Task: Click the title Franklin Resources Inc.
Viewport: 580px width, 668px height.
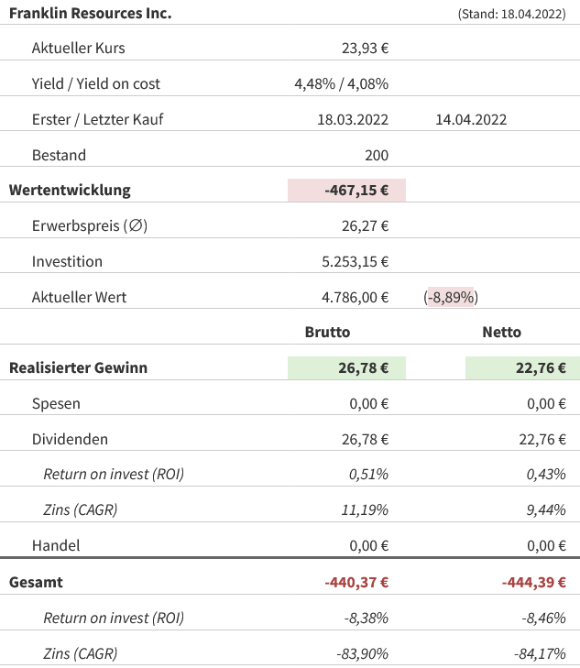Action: [90, 14]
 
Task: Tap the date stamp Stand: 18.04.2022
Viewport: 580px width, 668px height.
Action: [510, 15]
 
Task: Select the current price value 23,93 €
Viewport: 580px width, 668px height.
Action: [364, 48]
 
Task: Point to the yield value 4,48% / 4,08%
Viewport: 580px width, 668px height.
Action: [341, 83]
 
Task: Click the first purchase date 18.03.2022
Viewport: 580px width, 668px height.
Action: [353, 119]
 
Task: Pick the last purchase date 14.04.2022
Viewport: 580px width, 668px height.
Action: [471, 119]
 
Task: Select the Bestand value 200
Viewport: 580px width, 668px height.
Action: [376, 155]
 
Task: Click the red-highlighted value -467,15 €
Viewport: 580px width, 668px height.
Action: [356, 191]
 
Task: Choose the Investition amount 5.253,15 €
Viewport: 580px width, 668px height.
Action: [355, 262]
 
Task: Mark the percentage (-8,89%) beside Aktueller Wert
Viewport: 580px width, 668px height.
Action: [451, 297]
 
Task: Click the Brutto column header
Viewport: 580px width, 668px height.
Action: [327, 333]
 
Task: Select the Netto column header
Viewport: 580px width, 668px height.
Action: [501, 333]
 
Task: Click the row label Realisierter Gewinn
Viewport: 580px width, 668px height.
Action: [78, 368]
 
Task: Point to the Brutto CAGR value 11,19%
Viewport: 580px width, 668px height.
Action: [365, 510]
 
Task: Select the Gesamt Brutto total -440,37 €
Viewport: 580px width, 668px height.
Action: [356, 582]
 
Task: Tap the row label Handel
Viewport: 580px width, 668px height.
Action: [56, 545]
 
